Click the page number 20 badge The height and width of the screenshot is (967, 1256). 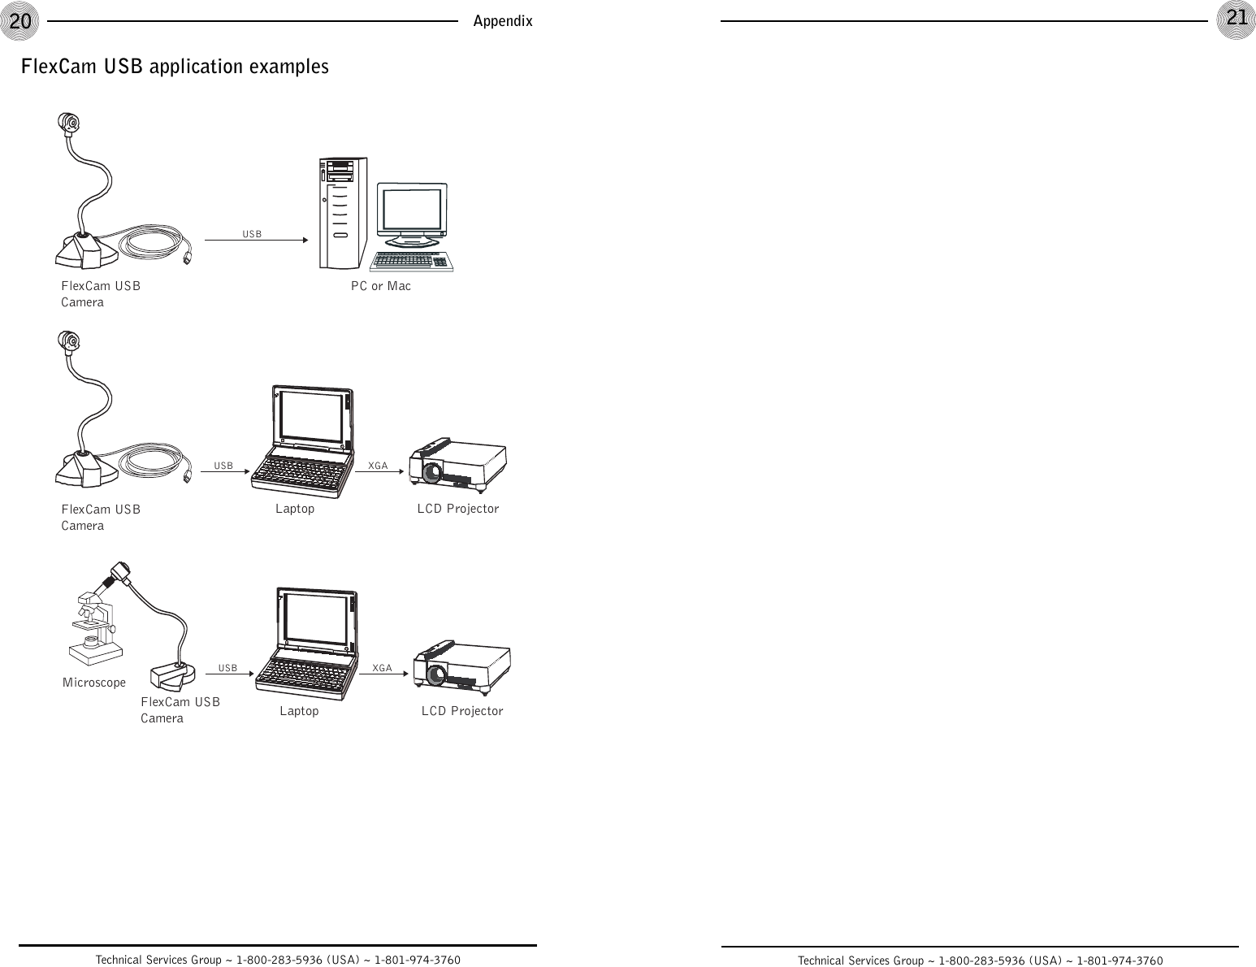19,20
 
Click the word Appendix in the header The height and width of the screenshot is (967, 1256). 503,21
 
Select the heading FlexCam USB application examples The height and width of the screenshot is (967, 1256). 175,67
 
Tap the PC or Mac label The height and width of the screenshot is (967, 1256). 380,286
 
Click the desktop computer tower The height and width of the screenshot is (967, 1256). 340,214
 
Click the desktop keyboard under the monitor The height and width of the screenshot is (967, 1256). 411,261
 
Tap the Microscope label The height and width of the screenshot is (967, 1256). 94,683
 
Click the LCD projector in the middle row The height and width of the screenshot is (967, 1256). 457,465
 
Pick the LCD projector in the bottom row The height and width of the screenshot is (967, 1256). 461,667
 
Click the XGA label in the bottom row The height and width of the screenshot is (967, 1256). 382,668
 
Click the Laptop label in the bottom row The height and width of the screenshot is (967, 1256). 299,711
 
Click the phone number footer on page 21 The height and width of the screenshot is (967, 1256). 980,960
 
